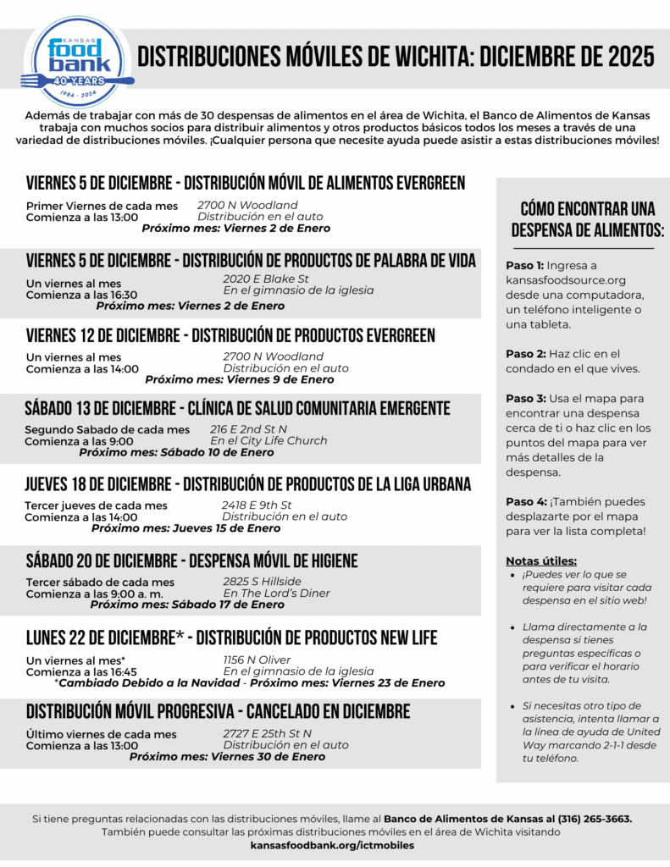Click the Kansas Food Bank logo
(77, 64)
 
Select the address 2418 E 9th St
(257, 505)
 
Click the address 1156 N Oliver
(257, 660)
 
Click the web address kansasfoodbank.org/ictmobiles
(332, 845)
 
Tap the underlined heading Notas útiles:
(541, 561)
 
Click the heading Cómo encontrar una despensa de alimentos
(587, 219)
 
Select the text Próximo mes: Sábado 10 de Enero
(176, 452)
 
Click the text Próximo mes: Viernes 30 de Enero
(227, 757)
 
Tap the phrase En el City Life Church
(269, 440)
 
